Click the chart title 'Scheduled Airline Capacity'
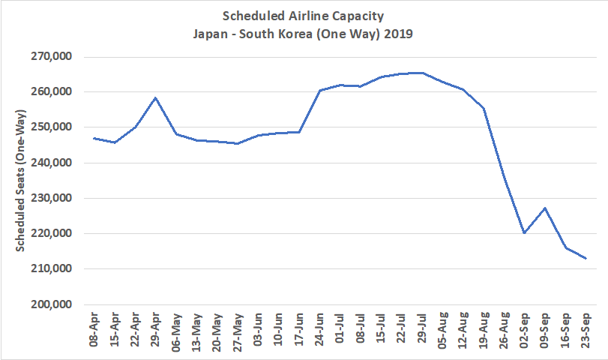[304, 16]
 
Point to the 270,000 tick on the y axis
[49, 57]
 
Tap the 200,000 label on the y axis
[49, 304]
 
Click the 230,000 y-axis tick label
[49, 199]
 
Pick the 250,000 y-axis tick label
[49, 127]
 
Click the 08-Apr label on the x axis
[94, 331]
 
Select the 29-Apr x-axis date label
[155, 331]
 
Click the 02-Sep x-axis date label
[524, 331]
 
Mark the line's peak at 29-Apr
[155, 97]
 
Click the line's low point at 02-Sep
[524, 232]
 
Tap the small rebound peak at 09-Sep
[545, 208]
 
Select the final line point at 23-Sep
[586, 259]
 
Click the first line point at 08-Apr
[94, 138]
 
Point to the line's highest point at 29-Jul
[422, 73]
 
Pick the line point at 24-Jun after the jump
[319, 90]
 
